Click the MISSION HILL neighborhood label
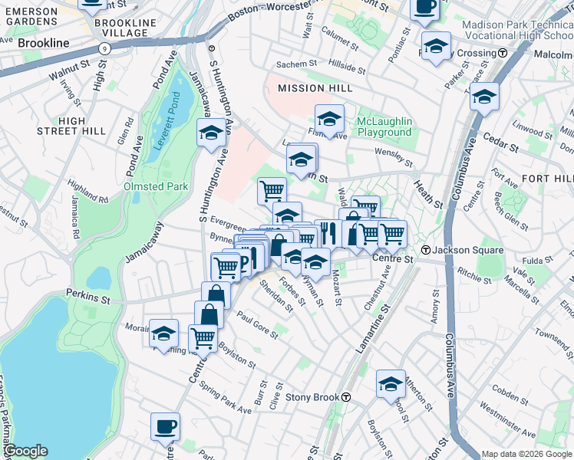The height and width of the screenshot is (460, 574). pyautogui.click(x=309, y=88)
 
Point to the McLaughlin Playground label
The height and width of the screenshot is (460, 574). pyautogui.click(x=384, y=127)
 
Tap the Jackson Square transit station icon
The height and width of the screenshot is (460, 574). pyautogui.click(x=426, y=250)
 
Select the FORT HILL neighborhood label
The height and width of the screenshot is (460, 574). pyautogui.click(x=547, y=178)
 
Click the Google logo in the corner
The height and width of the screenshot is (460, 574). pyautogui.click(x=25, y=451)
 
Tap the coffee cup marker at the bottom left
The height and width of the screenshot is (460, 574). pyautogui.click(x=166, y=426)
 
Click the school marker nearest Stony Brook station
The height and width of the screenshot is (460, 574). pyautogui.click(x=390, y=383)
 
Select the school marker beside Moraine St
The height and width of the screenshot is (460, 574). pyautogui.click(x=163, y=333)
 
